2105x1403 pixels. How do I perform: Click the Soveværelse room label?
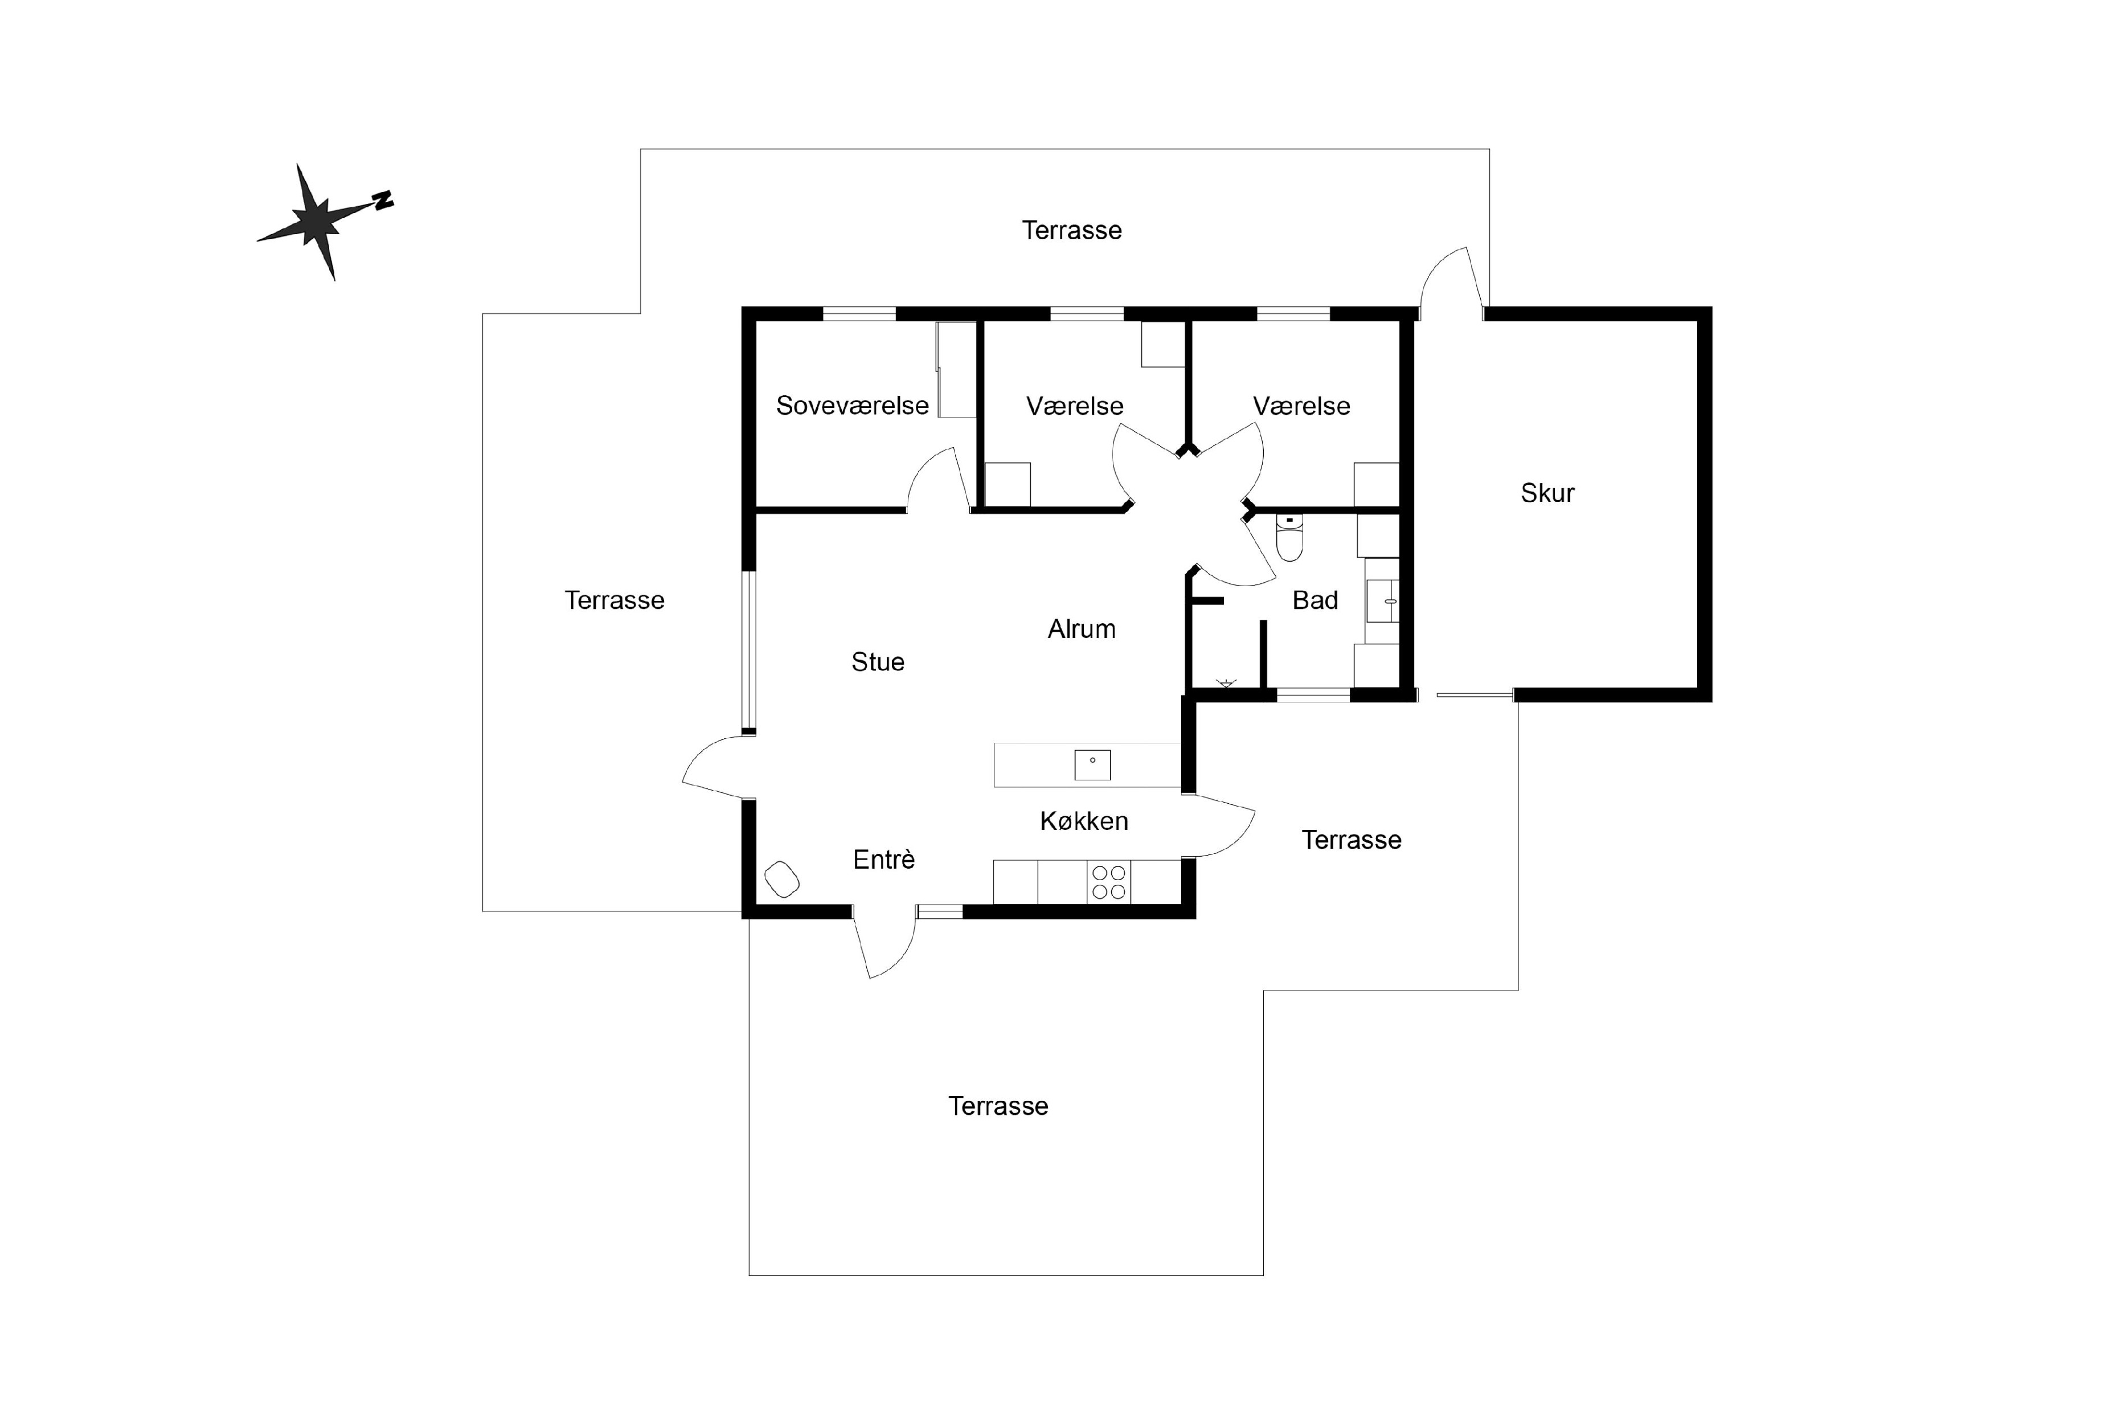(x=851, y=406)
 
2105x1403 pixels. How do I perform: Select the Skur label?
(x=1547, y=493)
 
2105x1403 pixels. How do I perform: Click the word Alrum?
(x=1082, y=629)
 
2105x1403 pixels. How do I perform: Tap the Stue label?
(x=878, y=662)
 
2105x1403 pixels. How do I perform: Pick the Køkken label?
(x=1083, y=821)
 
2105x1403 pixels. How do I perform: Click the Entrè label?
(x=884, y=860)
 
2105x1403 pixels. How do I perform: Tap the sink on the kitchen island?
(x=1092, y=765)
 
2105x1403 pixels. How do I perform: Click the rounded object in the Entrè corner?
(x=782, y=879)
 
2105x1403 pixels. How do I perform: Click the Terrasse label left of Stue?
(x=615, y=600)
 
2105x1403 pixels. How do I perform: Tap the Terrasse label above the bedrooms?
(x=1072, y=231)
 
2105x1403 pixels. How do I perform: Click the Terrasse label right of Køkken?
(x=1351, y=840)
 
